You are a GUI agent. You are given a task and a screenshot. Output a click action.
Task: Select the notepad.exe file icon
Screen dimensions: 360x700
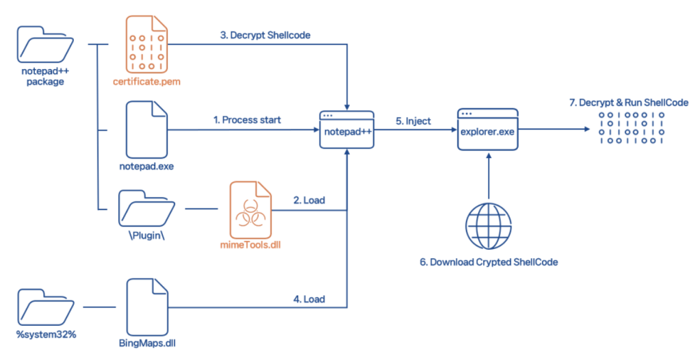click(146, 129)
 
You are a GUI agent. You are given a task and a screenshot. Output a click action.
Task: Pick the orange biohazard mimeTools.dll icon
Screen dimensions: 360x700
click(250, 207)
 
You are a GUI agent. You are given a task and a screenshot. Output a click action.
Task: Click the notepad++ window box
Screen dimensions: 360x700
click(347, 129)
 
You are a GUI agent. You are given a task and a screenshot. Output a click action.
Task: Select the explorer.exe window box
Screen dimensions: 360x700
click(487, 129)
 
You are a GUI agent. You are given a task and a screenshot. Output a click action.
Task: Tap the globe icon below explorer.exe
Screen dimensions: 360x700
click(487, 224)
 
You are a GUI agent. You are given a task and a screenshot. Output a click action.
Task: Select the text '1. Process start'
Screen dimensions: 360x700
click(248, 120)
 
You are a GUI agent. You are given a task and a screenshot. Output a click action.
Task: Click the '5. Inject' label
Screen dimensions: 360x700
click(413, 121)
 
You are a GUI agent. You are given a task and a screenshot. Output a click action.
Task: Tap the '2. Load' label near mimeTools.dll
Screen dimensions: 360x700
click(309, 201)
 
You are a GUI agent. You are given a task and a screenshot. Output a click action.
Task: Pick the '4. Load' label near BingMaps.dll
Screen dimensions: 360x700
click(309, 299)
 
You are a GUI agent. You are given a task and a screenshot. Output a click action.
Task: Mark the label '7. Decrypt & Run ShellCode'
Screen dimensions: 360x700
click(629, 103)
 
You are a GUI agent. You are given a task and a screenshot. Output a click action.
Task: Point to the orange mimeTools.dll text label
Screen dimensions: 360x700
click(250, 244)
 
